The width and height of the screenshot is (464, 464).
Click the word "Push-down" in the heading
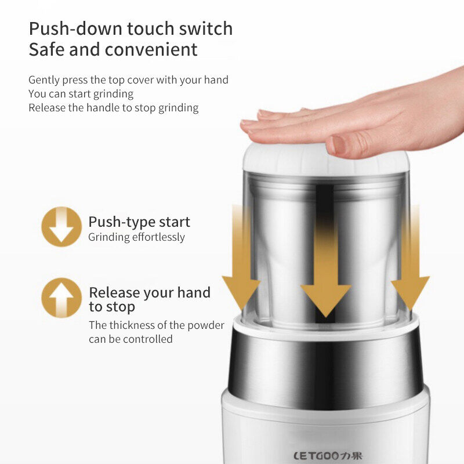(75, 28)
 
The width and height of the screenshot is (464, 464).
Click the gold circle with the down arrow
(61, 227)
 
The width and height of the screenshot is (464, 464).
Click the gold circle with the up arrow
(61, 298)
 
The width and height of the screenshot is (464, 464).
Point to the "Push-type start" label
(139, 222)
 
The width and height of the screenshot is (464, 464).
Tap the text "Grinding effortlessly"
(136, 237)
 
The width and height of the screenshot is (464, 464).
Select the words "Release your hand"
(150, 292)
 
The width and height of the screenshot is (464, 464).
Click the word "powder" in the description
(206, 325)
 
